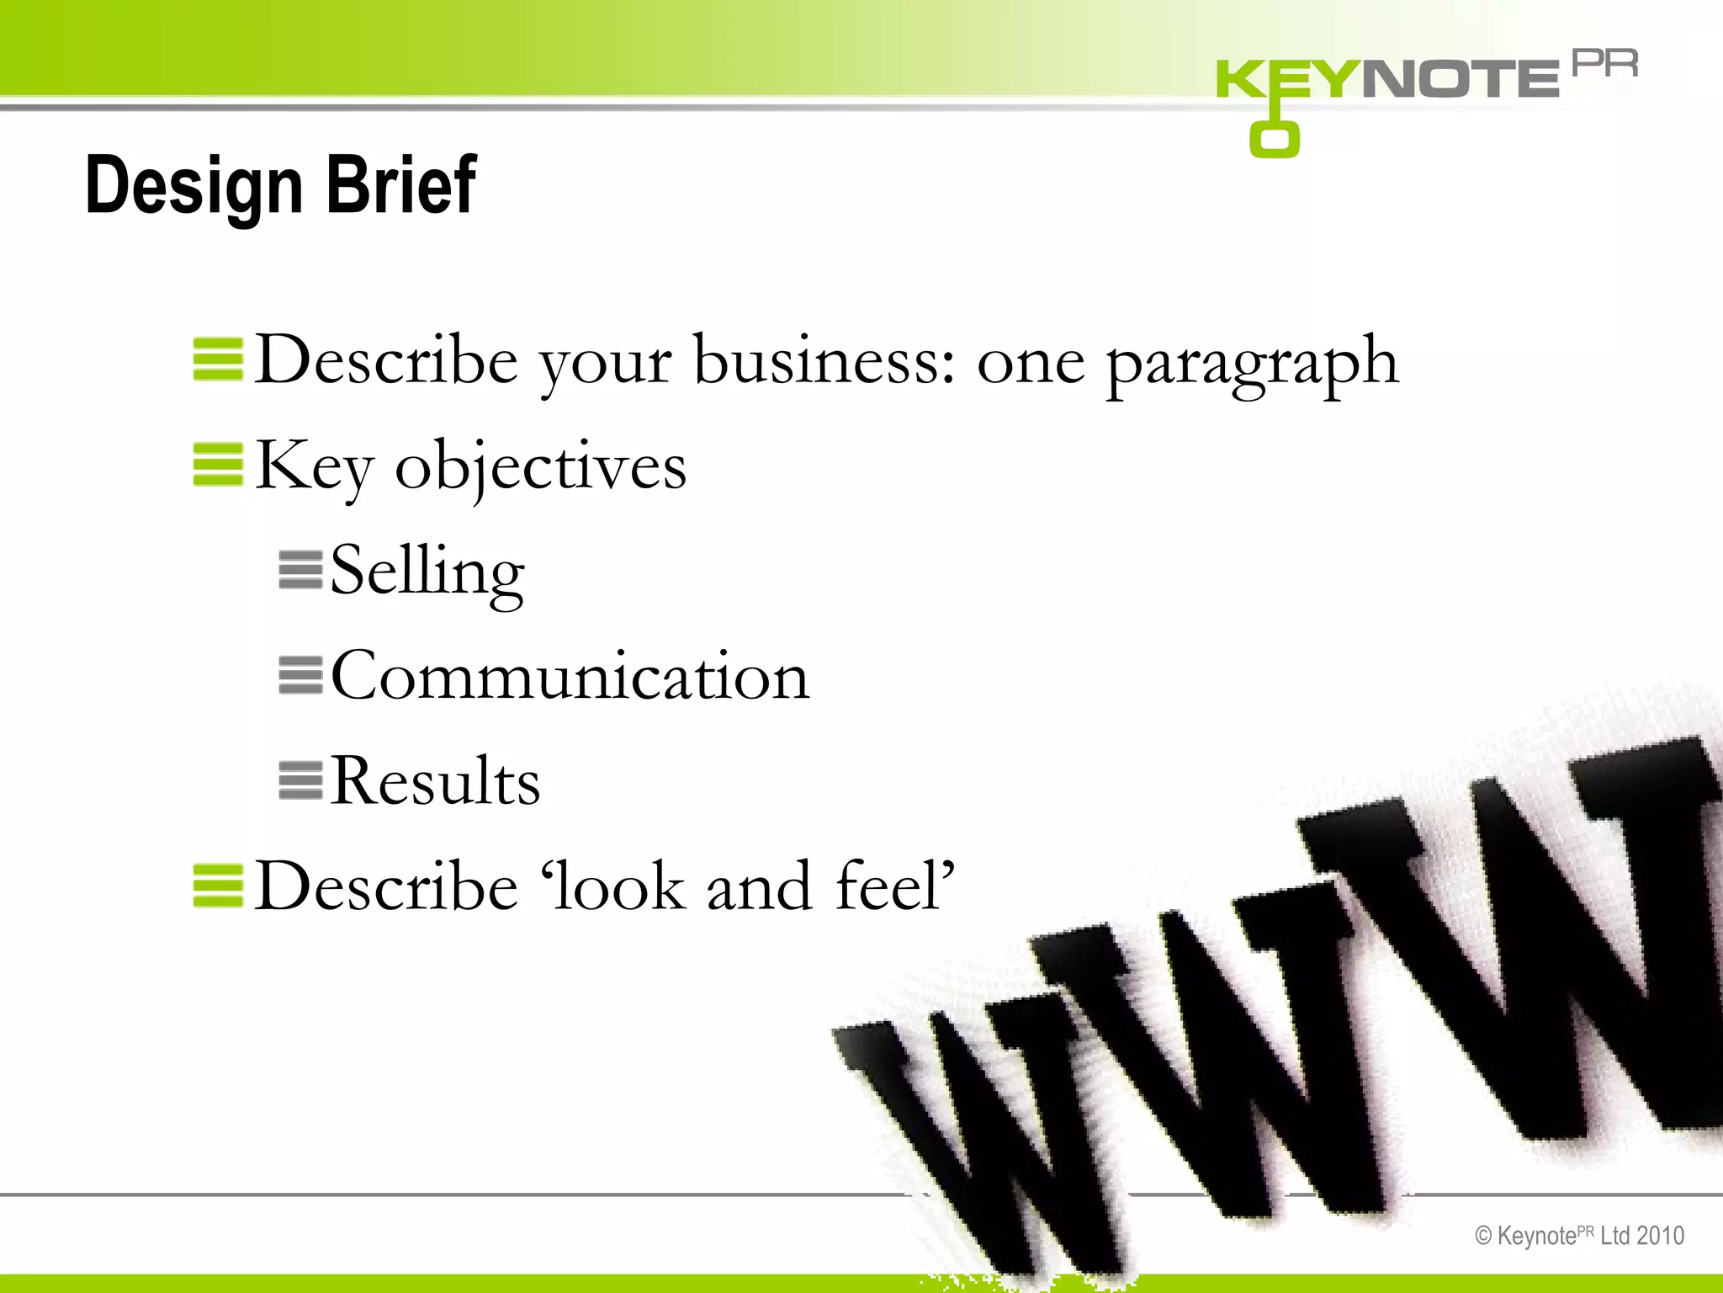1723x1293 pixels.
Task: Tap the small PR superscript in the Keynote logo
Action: (1604, 64)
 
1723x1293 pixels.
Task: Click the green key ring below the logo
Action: (1274, 140)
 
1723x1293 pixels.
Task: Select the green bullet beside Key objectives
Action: (218, 465)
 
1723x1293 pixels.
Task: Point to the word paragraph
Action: (1252, 362)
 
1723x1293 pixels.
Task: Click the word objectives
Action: (540, 466)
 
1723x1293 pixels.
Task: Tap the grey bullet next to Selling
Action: (300, 570)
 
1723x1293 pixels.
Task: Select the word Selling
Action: (427, 571)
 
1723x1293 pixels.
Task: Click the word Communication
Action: (570, 676)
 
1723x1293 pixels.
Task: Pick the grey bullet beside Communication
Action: (300, 675)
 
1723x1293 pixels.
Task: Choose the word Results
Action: (434, 781)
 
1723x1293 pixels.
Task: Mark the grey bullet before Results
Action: (300, 780)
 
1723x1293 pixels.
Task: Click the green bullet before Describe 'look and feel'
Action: (218, 886)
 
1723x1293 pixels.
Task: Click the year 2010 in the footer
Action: (1660, 1236)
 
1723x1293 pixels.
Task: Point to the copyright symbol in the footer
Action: (1483, 1236)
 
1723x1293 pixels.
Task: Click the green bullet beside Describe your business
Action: (218, 359)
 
